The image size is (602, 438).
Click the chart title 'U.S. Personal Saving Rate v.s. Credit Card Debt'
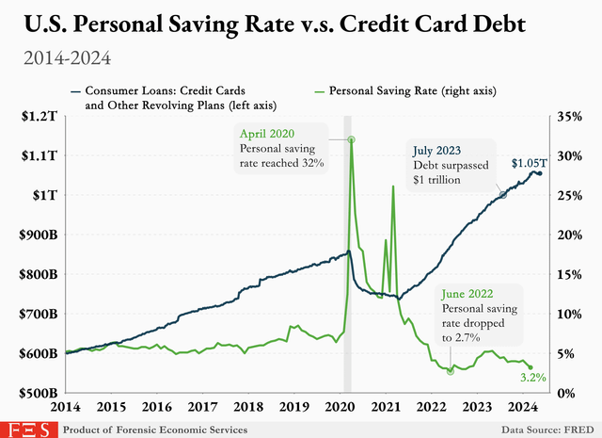click(x=300, y=23)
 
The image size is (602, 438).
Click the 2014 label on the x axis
click(x=65, y=408)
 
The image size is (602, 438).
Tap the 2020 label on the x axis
click(x=341, y=408)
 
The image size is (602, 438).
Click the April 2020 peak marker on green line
click(x=351, y=140)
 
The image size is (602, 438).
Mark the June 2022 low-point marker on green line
click(x=451, y=370)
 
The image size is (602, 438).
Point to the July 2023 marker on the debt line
click(x=502, y=194)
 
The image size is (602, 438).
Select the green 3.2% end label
click(x=535, y=378)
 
